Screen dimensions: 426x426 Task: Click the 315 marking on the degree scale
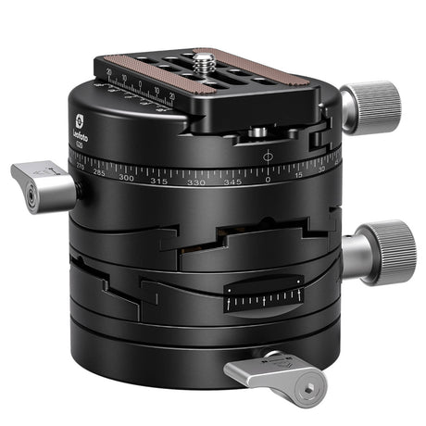(159, 181)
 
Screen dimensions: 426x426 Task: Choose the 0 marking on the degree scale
(269, 182)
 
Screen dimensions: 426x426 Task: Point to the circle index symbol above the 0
(269, 156)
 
